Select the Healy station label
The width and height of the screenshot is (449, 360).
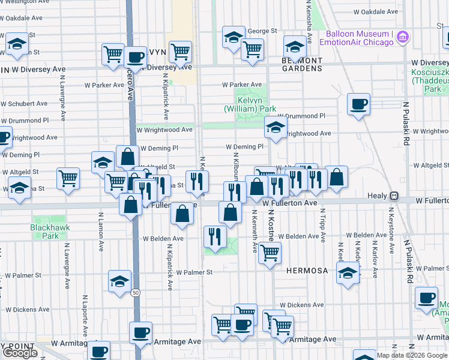[x=377, y=196]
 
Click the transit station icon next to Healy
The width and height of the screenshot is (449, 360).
[x=394, y=196]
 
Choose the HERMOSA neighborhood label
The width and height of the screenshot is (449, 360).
[x=307, y=271]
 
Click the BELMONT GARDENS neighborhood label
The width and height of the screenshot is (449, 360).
[x=302, y=64]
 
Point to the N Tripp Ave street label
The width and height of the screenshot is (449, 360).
[x=323, y=226]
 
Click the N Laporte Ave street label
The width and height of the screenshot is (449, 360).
[x=85, y=314]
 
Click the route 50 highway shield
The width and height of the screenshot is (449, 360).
[x=136, y=292]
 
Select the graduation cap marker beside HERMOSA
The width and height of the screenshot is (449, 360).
[x=348, y=274]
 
